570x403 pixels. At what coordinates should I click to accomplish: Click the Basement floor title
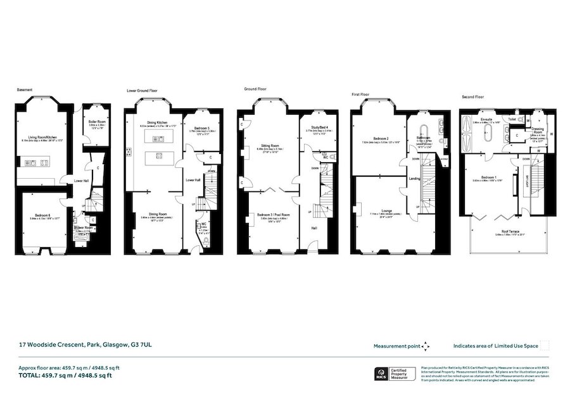click(25, 90)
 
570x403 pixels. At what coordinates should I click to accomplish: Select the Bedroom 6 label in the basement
click(41, 216)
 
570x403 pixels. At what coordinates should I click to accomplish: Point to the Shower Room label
click(83, 227)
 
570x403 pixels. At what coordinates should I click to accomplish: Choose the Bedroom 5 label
click(199, 128)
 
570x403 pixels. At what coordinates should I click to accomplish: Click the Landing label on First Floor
click(415, 178)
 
